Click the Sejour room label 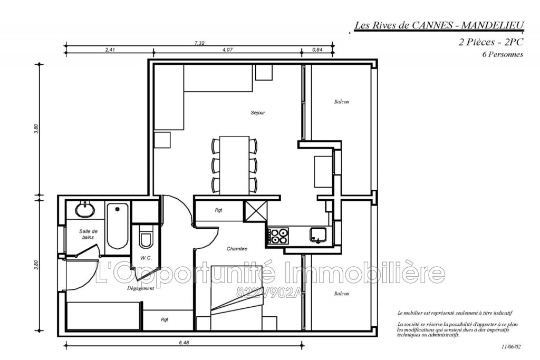pos(258,113)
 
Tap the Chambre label pos(237,249)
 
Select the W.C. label pos(146,258)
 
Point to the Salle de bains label pos(89,234)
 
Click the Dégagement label pos(141,288)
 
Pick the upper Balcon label pos(341,102)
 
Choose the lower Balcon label pos(341,294)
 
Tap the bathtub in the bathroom pos(117,228)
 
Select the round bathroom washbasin pos(85,210)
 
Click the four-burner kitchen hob pos(279,236)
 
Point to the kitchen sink pos(317,235)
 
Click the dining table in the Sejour pos(234,164)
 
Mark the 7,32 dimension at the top pos(199,43)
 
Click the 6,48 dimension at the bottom pos(184,343)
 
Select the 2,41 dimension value pos(110,50)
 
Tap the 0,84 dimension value pos(317,50)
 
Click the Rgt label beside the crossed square pos(218,210)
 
